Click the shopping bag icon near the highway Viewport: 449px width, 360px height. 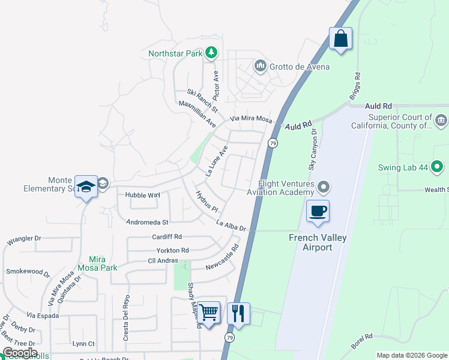340,39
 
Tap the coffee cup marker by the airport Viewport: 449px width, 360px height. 318,211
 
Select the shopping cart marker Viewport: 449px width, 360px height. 209,313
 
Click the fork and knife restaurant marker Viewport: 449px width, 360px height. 238,313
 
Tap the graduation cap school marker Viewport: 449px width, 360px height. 86,187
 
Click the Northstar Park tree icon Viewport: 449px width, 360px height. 211,53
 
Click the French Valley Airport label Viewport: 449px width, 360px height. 310,242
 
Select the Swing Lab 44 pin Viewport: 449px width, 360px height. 437,167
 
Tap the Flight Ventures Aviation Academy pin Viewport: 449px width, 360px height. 324,188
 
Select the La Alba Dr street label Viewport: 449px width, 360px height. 231,226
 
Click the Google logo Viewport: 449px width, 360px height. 20,353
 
